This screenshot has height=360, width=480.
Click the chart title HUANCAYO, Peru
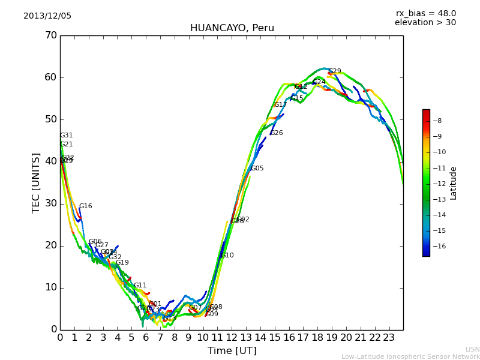tap(232, 28)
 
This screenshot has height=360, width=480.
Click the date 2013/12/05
tap(47, 16)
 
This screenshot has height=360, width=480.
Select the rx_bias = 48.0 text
tap(425, 13)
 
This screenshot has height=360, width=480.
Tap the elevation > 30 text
tap(425, 23)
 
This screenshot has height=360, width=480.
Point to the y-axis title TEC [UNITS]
tap(36, 182)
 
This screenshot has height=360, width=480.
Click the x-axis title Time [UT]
tap(232, 351)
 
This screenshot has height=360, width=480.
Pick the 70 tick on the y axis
tap(50, 35)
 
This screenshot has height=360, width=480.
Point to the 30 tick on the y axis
tap(50, 203)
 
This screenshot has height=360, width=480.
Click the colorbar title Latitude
tap(454, 183)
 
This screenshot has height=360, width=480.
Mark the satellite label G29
tap(335, 71)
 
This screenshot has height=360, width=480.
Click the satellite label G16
tap(86, 206)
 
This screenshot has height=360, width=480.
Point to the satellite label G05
tap(257, 169)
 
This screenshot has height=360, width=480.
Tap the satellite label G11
tap(140, 286)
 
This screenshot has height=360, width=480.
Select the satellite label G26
tap(277, 133)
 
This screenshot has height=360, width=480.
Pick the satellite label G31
tap(67, 136)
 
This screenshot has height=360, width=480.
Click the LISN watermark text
tap(472, 349)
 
